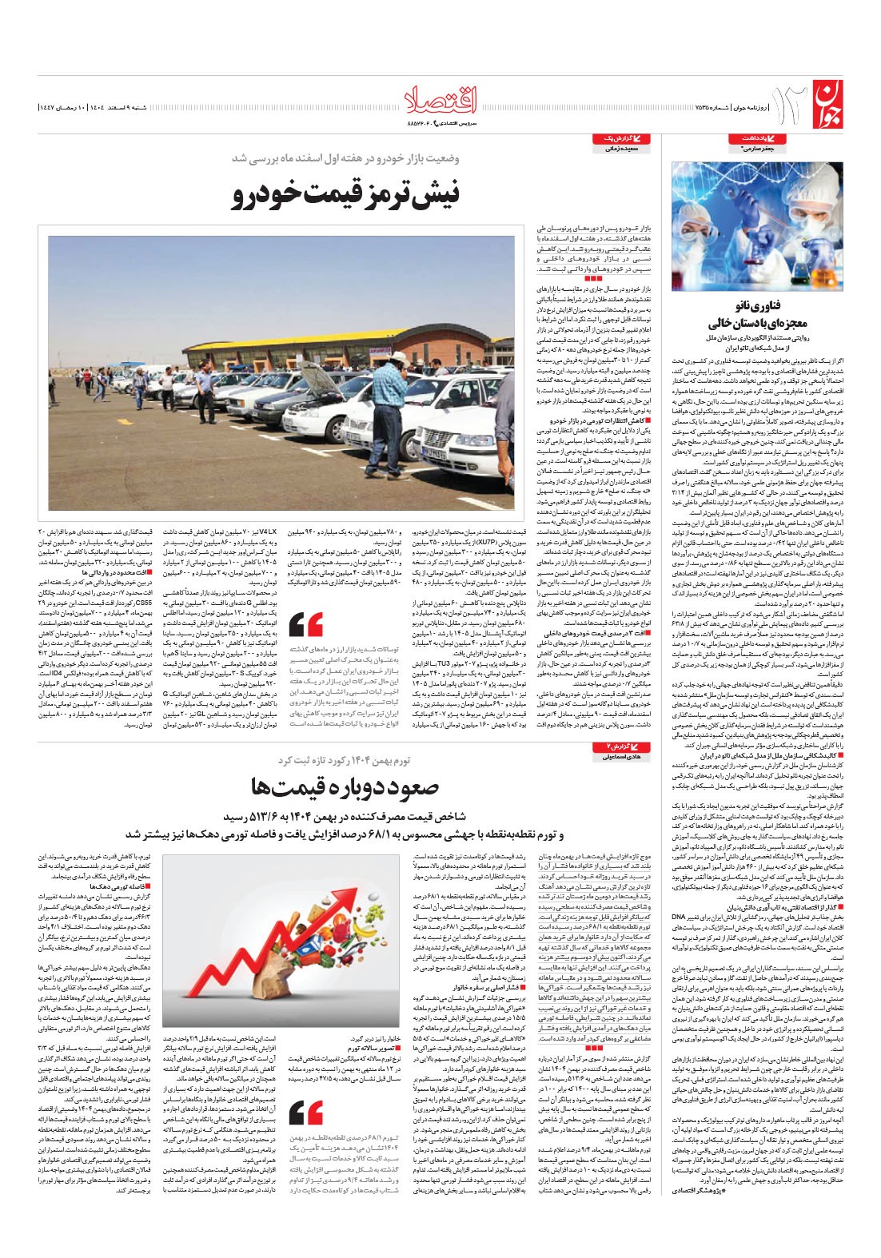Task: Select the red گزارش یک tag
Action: click(x=626, y=139)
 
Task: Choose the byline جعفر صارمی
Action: click(x=757, y=149)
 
